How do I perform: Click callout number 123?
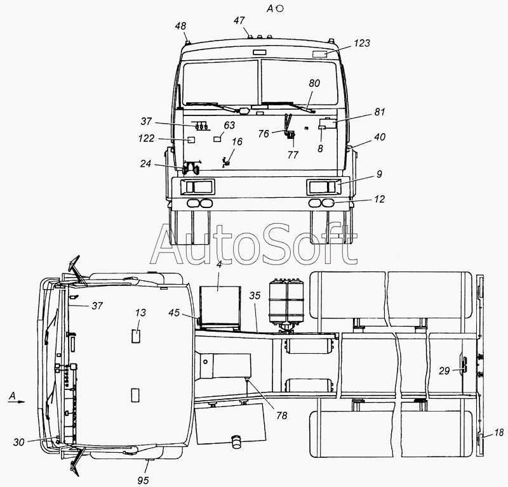coord(361,43)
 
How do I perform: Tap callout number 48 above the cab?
coord(180,26)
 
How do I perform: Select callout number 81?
coord(380,112)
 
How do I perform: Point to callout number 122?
coord(146,138)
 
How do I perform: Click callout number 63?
coord(229,125)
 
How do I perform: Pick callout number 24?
coord(145,164)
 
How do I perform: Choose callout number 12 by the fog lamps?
coord(379,199)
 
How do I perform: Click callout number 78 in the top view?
coord(282,415)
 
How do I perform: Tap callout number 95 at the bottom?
coord(143,481)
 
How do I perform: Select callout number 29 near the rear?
coord(444,371)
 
